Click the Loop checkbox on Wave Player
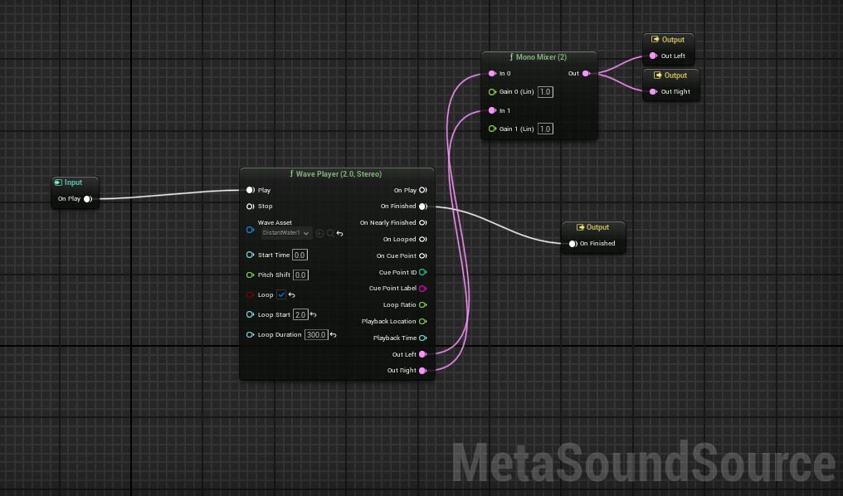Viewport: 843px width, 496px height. pyautogui.click(x=282, y=294)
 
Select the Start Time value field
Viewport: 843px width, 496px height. pyautogui.click(x=300, y=255)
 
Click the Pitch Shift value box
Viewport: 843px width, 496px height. pyautogui.click(x=300, y=275)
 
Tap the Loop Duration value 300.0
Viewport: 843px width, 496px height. pyautogui.click(x=315, y=334)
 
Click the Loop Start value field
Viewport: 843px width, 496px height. pyautogui.click(x=300, y=314)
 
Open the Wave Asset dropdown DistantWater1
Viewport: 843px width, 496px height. pyautogui.click(x=286, y=233)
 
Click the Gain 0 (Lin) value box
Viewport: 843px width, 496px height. pyautogui.click(x=545, y=91)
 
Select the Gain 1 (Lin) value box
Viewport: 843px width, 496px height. pyautogui.click(x=545, y=129)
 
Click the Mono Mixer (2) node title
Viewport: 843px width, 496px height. pyautogui.click(x=540, y=58)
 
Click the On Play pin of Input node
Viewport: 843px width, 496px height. pyautogui.click(x=87, y=199)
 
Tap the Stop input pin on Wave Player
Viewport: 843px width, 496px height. pyautogui.click(x=250, y=207)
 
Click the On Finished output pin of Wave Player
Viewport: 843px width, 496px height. pyautogui.click(x=422, y=207)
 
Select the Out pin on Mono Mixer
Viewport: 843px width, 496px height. pyautogui.click(x=587, y=74)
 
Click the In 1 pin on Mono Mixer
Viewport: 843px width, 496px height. pyautogui.click(x=492, y=110)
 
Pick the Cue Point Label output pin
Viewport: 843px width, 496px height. pyautogui.click(x=422, y=289)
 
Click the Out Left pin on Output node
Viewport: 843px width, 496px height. pyautogui.click(x=653, y=56)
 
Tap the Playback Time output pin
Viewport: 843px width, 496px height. pyautogui.click(x=422, y=338)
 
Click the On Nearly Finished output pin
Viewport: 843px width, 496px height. pyautogui.click(x=422, y=223)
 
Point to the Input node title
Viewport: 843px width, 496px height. pyautogui.click(x=74, y=182)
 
